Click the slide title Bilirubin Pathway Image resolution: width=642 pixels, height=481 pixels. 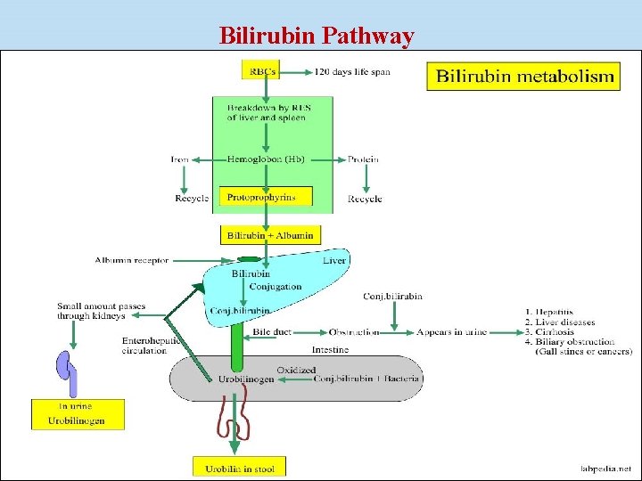317,36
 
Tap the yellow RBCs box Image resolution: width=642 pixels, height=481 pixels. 261,69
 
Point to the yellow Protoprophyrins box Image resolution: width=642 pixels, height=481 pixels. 266,196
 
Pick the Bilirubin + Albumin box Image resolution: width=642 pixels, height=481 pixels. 270,235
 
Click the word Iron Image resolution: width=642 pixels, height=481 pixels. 180,159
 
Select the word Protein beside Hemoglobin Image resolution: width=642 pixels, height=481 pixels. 362,159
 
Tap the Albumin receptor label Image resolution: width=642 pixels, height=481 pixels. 131,260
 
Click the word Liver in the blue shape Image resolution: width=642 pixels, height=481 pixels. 333,260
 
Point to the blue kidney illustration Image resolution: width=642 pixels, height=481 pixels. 67,370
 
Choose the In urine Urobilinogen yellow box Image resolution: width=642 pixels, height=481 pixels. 78,414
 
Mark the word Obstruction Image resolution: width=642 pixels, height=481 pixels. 354,332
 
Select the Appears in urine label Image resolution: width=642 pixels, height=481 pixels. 451,332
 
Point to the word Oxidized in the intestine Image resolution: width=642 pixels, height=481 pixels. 296,369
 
